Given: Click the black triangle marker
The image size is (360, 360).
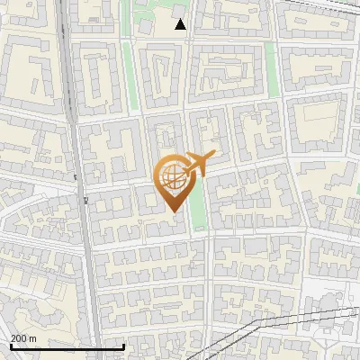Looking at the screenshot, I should click(x=181, y=24).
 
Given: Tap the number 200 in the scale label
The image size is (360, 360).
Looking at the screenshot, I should click(x=19, y=338).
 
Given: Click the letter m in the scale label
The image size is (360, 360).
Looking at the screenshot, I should click(x=32, y=338).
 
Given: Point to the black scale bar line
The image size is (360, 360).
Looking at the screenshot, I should click(x=67, y=346).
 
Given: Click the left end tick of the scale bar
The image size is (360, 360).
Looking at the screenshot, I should click(x=11, y=345).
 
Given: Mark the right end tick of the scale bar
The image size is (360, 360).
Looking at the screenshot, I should click(x=123, y=345).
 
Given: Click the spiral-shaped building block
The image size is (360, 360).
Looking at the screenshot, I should click(x=160, y=72).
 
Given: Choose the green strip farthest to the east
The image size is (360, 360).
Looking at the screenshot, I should click(x=269, y=72).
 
